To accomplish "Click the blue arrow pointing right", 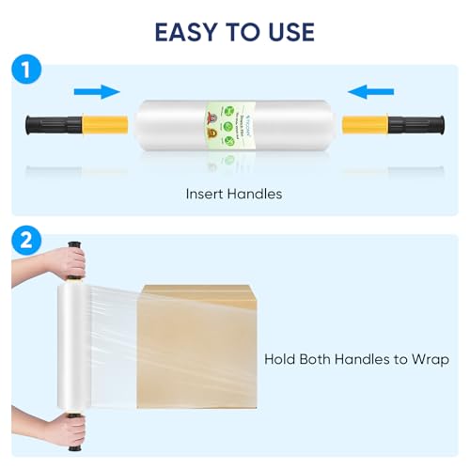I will point(98,91).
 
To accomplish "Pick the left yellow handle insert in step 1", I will point(103,123).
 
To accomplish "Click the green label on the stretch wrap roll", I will point(234,123).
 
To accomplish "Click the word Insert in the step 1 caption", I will point(205,195).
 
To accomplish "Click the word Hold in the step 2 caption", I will point(281,359).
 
